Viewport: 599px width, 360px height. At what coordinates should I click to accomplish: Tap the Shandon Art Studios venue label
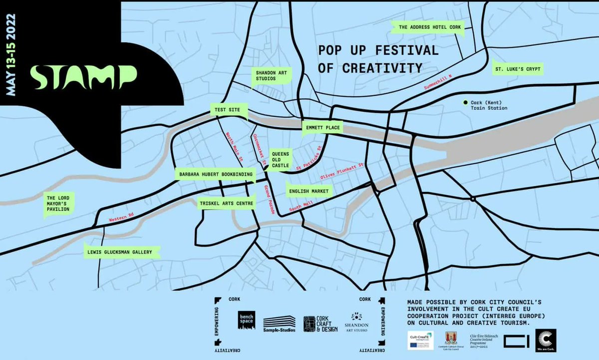click(271, 76)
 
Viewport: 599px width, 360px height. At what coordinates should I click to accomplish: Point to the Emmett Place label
click(322, 128)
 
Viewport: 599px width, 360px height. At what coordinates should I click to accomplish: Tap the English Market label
click(308, 190)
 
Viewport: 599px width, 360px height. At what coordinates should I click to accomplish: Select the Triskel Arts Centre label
click(227, 203)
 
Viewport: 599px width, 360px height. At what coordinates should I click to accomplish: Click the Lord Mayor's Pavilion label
click(56, 204)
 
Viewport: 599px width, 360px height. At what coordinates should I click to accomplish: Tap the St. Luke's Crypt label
click(517, 68)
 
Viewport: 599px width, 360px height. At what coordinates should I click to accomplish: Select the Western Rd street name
click(122, 218)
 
